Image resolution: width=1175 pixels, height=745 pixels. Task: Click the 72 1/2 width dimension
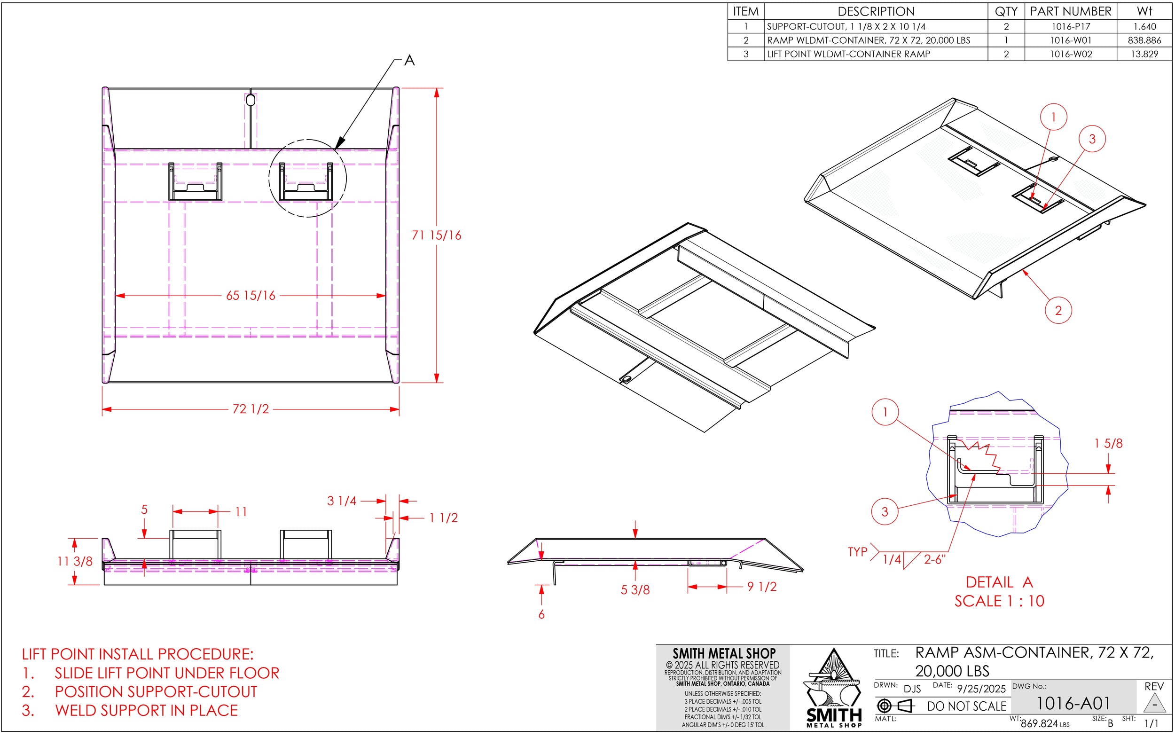tap(251, 409)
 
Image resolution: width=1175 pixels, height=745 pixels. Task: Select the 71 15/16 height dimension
tap(436, 235)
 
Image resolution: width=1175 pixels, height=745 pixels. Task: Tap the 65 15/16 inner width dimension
tap(251, 296)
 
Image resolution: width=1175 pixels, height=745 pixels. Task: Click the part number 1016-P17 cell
tap(1070, 26)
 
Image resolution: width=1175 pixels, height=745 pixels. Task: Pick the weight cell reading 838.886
tap(1144, 40)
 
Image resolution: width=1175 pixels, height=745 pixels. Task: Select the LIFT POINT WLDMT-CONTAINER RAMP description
tap(848, 54)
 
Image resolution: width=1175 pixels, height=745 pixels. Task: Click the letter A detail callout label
tap(409, 61)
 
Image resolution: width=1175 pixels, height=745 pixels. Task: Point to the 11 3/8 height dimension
tap(75, 561)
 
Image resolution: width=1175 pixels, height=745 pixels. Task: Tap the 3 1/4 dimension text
tap(342, 501)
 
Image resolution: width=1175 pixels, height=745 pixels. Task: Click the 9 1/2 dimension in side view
tap(762, 587)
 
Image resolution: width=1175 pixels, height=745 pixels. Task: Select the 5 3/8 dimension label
tap(635, 590)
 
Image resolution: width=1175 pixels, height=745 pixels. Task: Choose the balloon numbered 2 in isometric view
tap(1058, 310)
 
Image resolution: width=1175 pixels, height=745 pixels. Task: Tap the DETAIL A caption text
tap(999, 582)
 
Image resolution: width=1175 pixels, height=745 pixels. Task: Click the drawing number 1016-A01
tap(1073, 704)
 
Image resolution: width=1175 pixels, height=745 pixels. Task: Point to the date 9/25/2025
tap(981, 689)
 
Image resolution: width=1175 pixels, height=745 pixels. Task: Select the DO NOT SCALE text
tap(966, 706)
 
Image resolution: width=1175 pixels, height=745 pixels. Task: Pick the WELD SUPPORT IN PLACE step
tap(146, 710)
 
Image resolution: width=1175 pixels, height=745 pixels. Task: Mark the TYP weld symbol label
tap(857, 552)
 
